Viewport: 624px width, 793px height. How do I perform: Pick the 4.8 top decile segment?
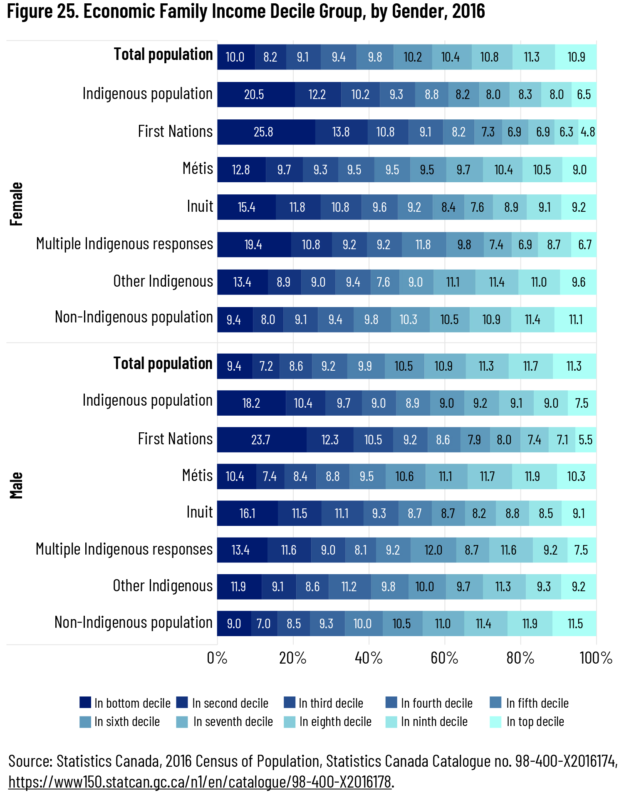pyautogui.click(x=587, y=132)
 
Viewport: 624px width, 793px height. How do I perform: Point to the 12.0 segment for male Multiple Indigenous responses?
pyautogui.click(x=433, y=550)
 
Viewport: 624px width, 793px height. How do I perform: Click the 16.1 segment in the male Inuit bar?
pyautogui.click(x=247, y=513)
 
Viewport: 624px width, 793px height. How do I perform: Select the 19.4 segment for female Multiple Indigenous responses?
pyautogui.click(x=254, y=245)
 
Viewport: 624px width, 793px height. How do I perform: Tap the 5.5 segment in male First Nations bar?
pyautogui.click(x=586, y=440)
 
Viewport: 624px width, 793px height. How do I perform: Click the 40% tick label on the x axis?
pyautogui.click(x=368, y=658)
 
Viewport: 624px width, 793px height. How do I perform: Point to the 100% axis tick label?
pyautogui.click(x=596, y=658)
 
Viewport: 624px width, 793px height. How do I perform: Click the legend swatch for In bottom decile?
pyautogui.click(x=85, y=703)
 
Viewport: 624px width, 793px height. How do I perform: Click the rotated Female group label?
pyautogui.click(x=16, y=204)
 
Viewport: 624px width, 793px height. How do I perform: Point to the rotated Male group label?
pyautogui.click(x=16, y=485)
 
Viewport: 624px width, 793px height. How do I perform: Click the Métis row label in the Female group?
pyautogui.click(x=198, y=169)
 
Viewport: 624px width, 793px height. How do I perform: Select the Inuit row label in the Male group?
pyautogui.click(x=200, y=512)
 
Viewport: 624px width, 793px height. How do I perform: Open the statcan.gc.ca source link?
pyautogui.click(x=200, y=782)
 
